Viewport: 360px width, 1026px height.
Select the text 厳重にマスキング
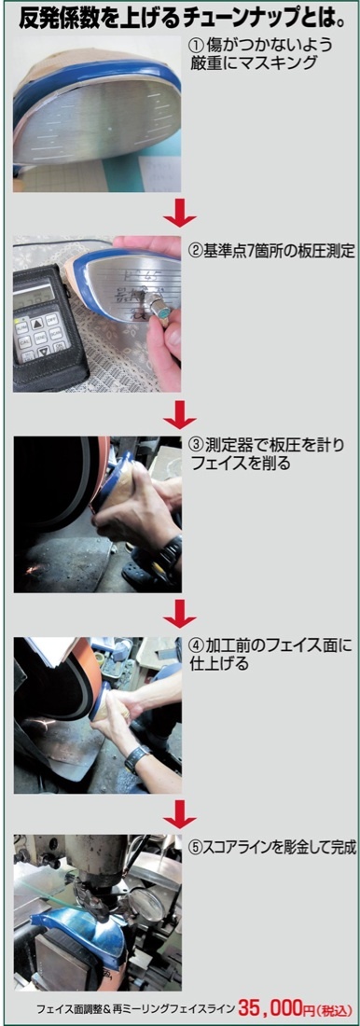tap(252, 64)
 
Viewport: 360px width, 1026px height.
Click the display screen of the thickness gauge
tap(34, 292)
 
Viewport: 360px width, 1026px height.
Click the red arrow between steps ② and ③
tap(180, 413)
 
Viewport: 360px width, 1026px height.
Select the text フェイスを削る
tap(240, 464)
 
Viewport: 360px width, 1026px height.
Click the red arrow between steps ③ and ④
tap(180, 613)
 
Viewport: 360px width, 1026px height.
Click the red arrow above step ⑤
tap(180, 812)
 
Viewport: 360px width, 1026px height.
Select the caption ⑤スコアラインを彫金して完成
tap(272, 848)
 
